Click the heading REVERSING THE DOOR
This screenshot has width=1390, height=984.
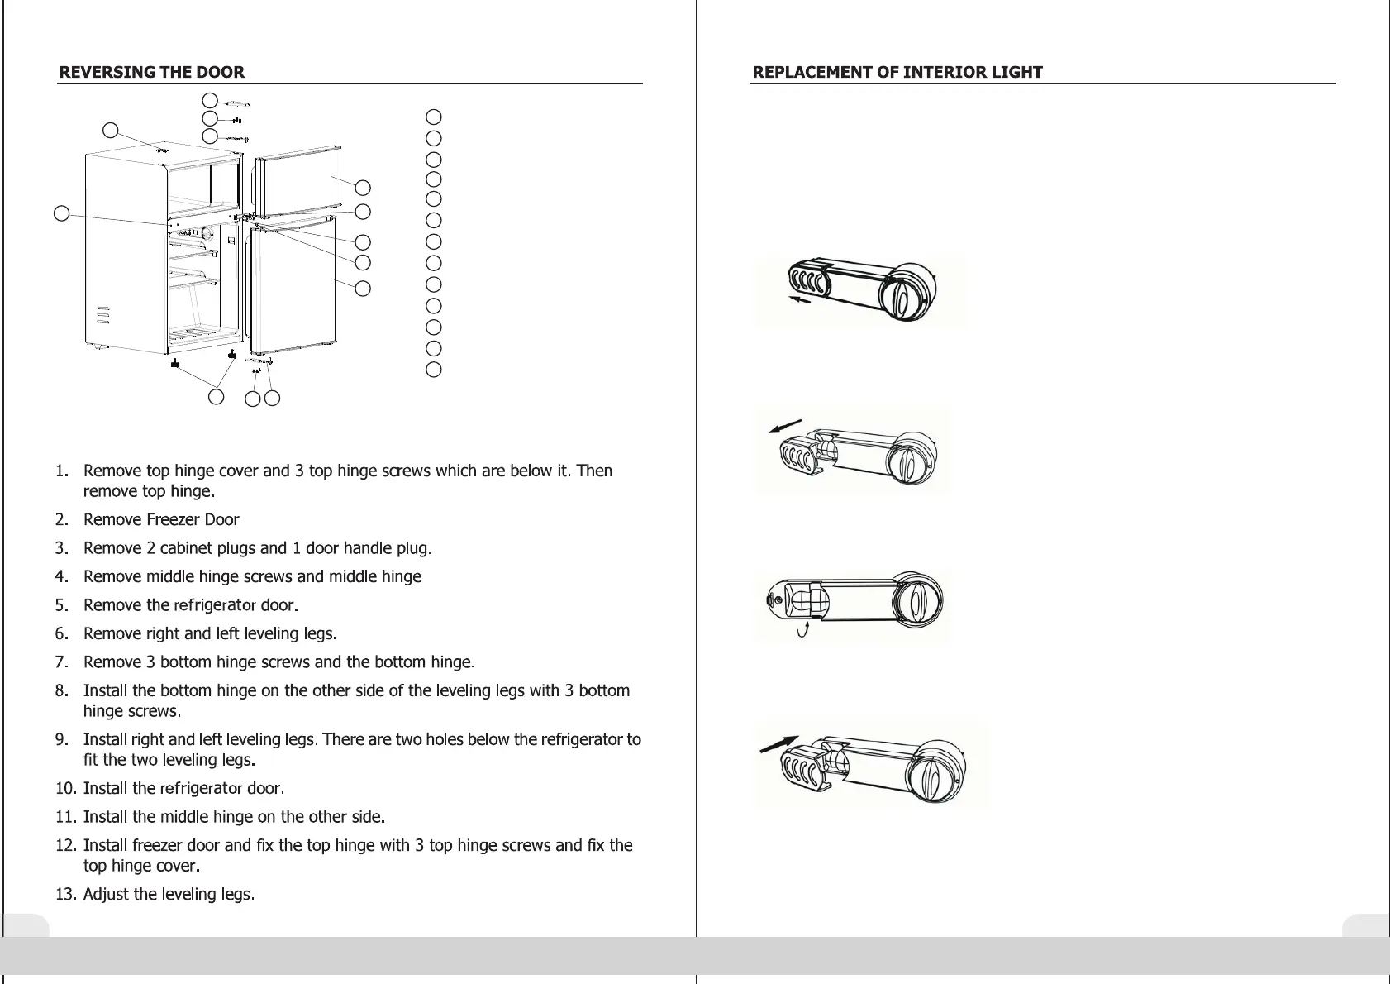[151, 72]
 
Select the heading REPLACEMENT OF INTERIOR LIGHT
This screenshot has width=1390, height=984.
[897, 72]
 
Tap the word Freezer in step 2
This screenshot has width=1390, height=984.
[173, 520]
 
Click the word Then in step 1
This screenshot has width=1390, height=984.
[594, 471]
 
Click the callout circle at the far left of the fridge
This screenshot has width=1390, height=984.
[61, 213]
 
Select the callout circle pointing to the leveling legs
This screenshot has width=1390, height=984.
[216, 397]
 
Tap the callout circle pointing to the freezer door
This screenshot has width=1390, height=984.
[362, 188]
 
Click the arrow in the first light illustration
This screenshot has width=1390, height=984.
[800, 300]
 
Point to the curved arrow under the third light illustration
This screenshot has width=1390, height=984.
[802, 633]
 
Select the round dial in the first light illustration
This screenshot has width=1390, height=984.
[905, 291]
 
